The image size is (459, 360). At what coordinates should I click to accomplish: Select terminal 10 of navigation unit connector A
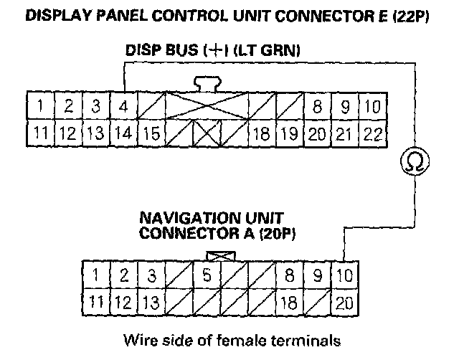[344, 275]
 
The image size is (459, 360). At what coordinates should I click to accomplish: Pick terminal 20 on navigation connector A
[344, 301]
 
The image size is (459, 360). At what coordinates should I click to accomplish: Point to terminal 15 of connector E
[150, 133]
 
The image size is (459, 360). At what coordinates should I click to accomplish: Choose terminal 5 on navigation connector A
[207, 275]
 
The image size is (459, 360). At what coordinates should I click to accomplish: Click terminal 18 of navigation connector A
[288, 301]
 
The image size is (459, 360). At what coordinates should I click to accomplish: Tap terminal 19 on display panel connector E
[289, 133]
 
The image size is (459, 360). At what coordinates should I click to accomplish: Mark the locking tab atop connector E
[206, 84]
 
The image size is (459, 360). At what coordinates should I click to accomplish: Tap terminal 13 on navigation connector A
[149, 301]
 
